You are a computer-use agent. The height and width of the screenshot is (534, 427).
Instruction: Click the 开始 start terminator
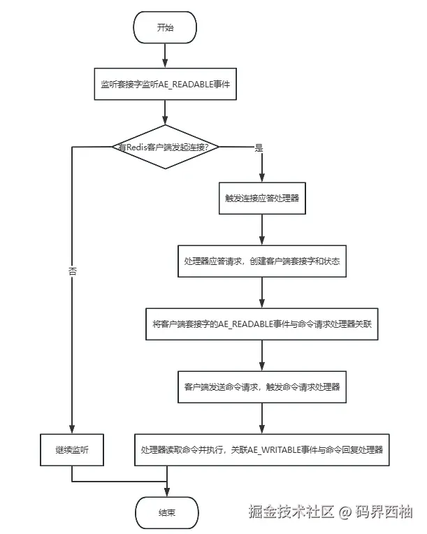pos(165,28)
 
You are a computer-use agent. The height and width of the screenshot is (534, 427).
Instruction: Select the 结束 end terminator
pos(166,512)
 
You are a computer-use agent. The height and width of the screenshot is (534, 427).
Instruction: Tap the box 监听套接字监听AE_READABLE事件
pos(166,84)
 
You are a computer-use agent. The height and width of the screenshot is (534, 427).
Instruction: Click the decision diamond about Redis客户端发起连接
pos(165,147)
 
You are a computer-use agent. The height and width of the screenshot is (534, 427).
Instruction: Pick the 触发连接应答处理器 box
pos(261,199)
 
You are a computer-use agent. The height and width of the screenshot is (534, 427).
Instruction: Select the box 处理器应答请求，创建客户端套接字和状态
pos(261,261)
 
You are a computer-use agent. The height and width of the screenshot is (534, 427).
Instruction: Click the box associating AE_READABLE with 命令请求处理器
pos(261,324)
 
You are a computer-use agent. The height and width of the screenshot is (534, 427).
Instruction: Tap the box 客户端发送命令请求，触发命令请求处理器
pos(261,386)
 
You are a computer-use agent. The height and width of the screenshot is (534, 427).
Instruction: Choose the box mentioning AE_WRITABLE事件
pos(261,449)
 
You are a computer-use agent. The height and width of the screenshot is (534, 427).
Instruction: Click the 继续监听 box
pos(73,449)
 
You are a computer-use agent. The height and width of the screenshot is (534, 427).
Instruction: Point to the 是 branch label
pos(259,147)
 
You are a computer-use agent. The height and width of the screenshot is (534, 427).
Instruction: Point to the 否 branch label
pos(73,270)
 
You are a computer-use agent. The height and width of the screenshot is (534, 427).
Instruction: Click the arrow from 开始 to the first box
pos(165,55)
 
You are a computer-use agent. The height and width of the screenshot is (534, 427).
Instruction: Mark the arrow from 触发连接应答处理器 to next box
pos(261,229)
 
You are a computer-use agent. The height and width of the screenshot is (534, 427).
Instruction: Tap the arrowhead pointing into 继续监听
pos(73,428)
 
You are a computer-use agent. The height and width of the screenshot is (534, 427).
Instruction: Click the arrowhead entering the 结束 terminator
pos(166,492)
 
